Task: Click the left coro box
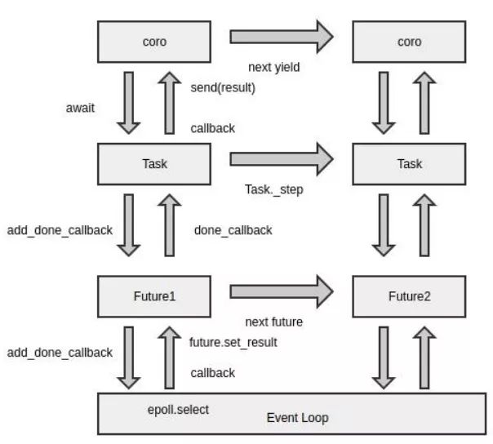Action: point(154,42)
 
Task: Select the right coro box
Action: point(409,42)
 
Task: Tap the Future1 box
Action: point(154,296)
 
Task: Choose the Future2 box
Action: point(409,296)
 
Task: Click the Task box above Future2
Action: point(409,164)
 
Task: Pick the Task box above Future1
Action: point(154,164)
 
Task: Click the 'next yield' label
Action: point(274,67)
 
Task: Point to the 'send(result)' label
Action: point(223,87)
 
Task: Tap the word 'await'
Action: point(80,108)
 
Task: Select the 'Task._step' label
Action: point(274,189)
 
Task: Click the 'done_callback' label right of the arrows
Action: point(233,230)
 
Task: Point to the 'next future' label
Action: point(274,322)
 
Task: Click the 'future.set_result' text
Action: point(233,342)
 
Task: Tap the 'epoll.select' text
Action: point(178,410)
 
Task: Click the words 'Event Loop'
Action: point(297,418)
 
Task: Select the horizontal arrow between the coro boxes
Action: point(282,37)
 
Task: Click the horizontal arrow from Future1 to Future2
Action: point(282,291)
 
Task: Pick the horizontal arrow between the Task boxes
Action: point(282,159)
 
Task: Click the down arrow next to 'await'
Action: point(129,103)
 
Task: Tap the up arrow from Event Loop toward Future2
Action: point(424,357)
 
